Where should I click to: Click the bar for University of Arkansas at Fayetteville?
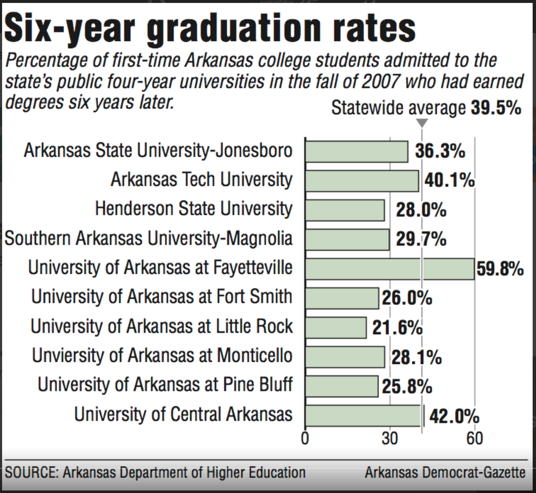pyautogui.click(x=390, y=269)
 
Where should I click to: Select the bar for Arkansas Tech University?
pyautogui.click(x=362, y=181)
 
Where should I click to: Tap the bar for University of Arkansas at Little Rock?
pyautogui.click(x=336, y=328)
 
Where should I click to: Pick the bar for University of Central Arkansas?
pyautogui.click(x=363, y=416)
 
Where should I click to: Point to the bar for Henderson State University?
pyautogui.click(x=345, y=210)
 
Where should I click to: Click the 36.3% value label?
pyautogui.click(x=440, y=151)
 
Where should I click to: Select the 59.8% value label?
pyautogui.click(x=500, y=269)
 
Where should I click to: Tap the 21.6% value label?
pyautogui.click(x=397, y=328)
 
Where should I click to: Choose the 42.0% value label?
pyautogui.click(x=454, y=417)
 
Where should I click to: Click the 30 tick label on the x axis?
pyautogui.click(x=390, y=438)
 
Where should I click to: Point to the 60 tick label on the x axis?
pyautogui.click(x=475, y=438)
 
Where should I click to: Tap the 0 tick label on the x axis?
pyautogui.click(x=305, y=438)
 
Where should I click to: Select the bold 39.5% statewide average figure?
pyautogui.click(x=496, y=108)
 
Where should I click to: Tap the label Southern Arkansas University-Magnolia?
pyautogui.click(x=148, y=239)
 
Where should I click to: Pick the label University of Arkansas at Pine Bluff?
pyautogui.click(x=165, y=385)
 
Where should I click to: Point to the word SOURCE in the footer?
pyautogui.click(x=31, y=473)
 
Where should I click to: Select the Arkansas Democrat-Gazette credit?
pyautogui.click(x=445, y=473)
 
